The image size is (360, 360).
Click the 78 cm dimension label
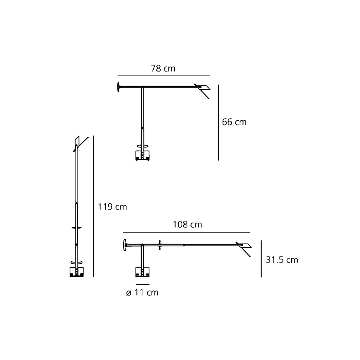[163, 69]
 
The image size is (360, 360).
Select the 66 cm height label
[234, 122]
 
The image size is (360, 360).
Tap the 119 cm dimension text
[112, 207]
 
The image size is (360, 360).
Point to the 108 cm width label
[187, 225]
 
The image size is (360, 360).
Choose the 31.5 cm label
[282, 260]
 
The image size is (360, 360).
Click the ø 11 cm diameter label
[142, 293]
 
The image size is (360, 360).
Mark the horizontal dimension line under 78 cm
[163, 75]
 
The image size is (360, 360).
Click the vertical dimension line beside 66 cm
[218, 122]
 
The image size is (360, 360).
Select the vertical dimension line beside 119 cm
[94, 206]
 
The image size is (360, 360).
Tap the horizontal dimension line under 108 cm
[187, 232]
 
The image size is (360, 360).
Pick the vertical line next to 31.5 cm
[262, 259]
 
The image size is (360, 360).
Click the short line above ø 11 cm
[142, 285]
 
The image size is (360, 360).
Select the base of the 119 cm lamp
[76, 272]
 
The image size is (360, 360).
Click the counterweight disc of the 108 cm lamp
[125, 245]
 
